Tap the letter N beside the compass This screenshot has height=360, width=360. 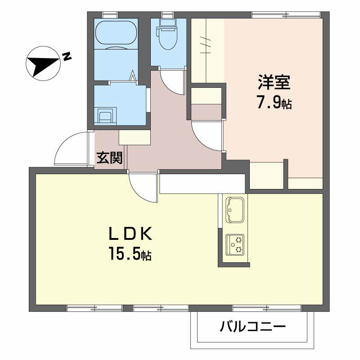click(67, 56)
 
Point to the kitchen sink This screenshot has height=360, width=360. click(234, 210)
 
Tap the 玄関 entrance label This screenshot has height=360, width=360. click(109, 158)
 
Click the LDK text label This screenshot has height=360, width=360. click(130, 234)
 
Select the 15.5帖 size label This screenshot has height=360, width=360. click(129, 255)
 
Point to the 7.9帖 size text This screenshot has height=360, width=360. click(274, 103)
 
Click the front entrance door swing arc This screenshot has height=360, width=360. click(70, 148)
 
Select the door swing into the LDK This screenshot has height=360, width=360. click(143, 187)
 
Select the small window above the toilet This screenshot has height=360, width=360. click(167, 14)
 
